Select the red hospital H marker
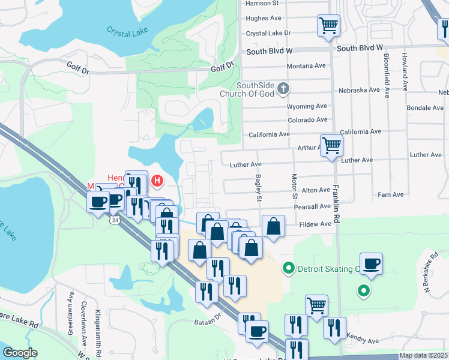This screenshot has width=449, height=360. click(157, 180)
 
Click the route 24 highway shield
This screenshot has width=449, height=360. click(114, 220)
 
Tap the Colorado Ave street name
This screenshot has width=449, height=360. click(307, 120)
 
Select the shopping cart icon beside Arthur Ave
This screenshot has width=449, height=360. click(331, 145)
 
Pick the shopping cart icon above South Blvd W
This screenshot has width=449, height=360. click(328, 25)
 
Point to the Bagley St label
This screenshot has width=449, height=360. click(259, 188)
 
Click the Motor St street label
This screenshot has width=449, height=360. click(295, 187)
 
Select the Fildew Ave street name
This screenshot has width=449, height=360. click(315, 224)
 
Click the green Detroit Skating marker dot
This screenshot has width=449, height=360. click(289, 268)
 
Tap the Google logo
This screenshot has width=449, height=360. click(20, 353)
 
